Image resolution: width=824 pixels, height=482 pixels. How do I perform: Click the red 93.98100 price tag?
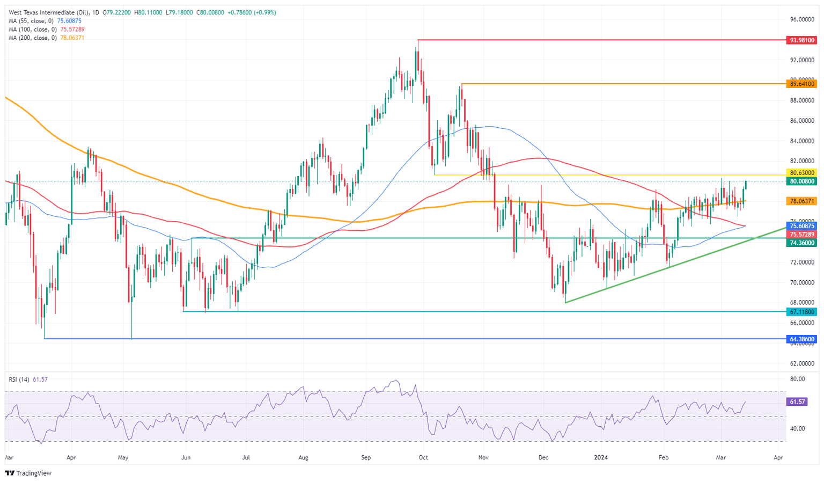click(x=802, y=40)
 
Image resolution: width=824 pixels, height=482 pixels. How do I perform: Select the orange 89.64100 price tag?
click(x=802, y=84)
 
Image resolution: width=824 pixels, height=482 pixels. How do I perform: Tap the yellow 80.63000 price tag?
click(x=802, y=173)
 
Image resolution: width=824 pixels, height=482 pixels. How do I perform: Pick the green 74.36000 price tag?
click(x=802, y=243)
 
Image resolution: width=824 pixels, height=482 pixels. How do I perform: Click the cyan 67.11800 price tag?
click(x=802, y=312)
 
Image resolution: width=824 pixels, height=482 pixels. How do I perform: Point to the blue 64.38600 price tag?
click(x=802, y=339)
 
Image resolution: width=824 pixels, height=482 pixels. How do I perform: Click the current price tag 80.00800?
click(x=802, y=181)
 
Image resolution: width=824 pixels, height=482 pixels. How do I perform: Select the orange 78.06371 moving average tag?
click(x=802, y=201)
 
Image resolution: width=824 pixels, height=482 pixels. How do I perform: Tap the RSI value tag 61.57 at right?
click(x=794, y=401)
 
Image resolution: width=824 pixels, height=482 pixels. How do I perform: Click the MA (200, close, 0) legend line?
click(x=46, y=38)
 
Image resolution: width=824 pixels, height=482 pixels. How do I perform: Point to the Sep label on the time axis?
click(x=366, y=458)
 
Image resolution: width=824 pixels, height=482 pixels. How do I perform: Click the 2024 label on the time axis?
click(x=601, y=458)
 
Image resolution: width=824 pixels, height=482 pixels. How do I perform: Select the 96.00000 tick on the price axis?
click(x=803, y=20)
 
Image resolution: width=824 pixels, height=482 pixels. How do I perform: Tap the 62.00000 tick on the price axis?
click(x=803, y=363)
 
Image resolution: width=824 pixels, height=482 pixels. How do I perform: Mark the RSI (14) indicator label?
click(x=19, y=379)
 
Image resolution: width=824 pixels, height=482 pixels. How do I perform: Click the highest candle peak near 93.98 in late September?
click(x=416, y=48)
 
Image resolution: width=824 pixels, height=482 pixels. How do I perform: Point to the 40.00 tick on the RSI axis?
click(x=798, y=428)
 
